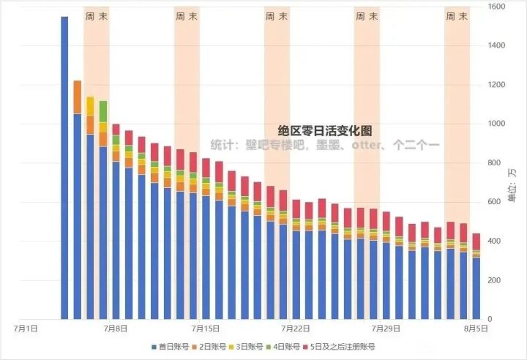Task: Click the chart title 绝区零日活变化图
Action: tap(325, 131)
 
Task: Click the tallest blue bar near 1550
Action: tap(64, 168)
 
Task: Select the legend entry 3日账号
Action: tap(252, 346)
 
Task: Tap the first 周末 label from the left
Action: tap(97, 16)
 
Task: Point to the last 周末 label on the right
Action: tap(457, 16)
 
